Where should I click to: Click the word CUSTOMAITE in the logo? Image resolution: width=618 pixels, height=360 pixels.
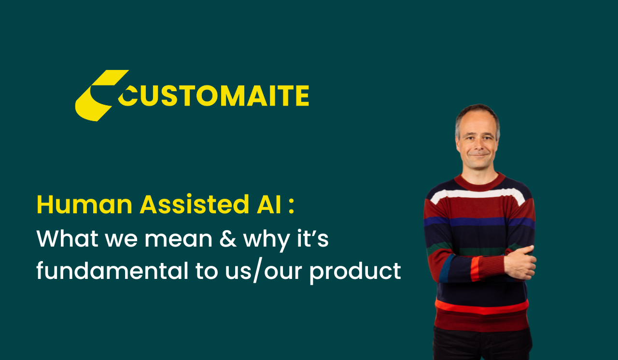pos(213,96)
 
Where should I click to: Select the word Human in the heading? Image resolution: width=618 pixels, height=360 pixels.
pos(84,204)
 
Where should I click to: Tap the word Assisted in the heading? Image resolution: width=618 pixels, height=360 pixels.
pos(195,204)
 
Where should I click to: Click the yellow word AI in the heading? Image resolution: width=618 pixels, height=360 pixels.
pos(269,204)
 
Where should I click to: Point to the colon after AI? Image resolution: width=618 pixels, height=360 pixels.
pos(291,207)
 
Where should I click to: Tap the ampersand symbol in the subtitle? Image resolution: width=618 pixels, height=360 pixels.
pos(228,238)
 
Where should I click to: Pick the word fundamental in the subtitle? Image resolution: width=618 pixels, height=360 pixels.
pos(112,270)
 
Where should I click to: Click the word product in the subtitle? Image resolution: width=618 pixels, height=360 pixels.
pos(355,273)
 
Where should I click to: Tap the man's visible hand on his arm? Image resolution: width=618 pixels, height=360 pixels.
pos(520,263)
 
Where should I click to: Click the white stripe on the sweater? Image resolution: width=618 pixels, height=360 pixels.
pos(478,194)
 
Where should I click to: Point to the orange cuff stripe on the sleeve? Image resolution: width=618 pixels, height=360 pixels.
pos(476,268)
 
